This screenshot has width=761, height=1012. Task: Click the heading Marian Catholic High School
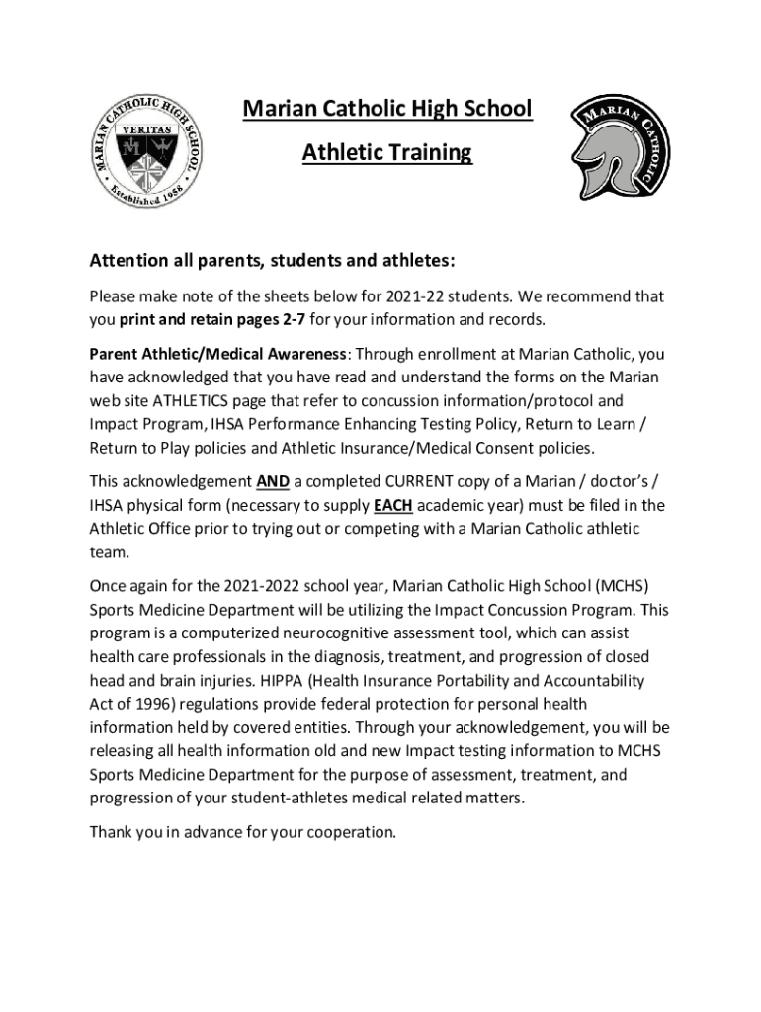(x=387, y=108)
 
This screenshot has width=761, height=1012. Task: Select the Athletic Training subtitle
(x=387, y=153)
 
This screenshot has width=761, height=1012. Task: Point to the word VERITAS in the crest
(x=151, y=129)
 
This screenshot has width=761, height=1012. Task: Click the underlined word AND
(x=272, y=482)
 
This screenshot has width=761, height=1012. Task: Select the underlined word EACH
(x=392, y=506)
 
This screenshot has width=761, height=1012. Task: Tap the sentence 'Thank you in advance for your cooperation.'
(x=243, y=832)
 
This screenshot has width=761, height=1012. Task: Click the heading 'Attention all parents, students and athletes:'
(x=272, y=261)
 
